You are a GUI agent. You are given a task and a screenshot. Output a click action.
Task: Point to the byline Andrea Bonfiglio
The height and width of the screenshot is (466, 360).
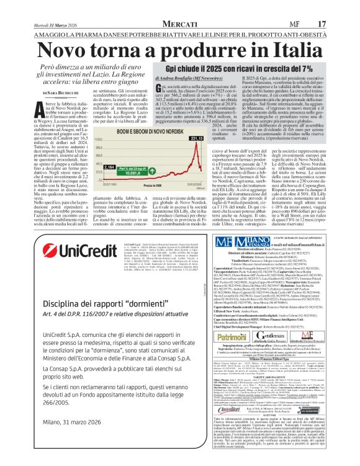click(x=164, y=79)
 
